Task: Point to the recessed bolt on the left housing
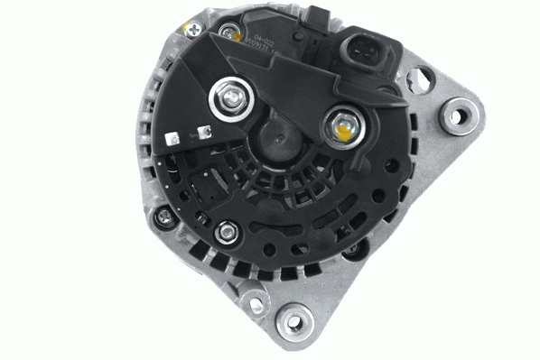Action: click(x=163, y=217)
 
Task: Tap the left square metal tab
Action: click(x=172, y=139)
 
